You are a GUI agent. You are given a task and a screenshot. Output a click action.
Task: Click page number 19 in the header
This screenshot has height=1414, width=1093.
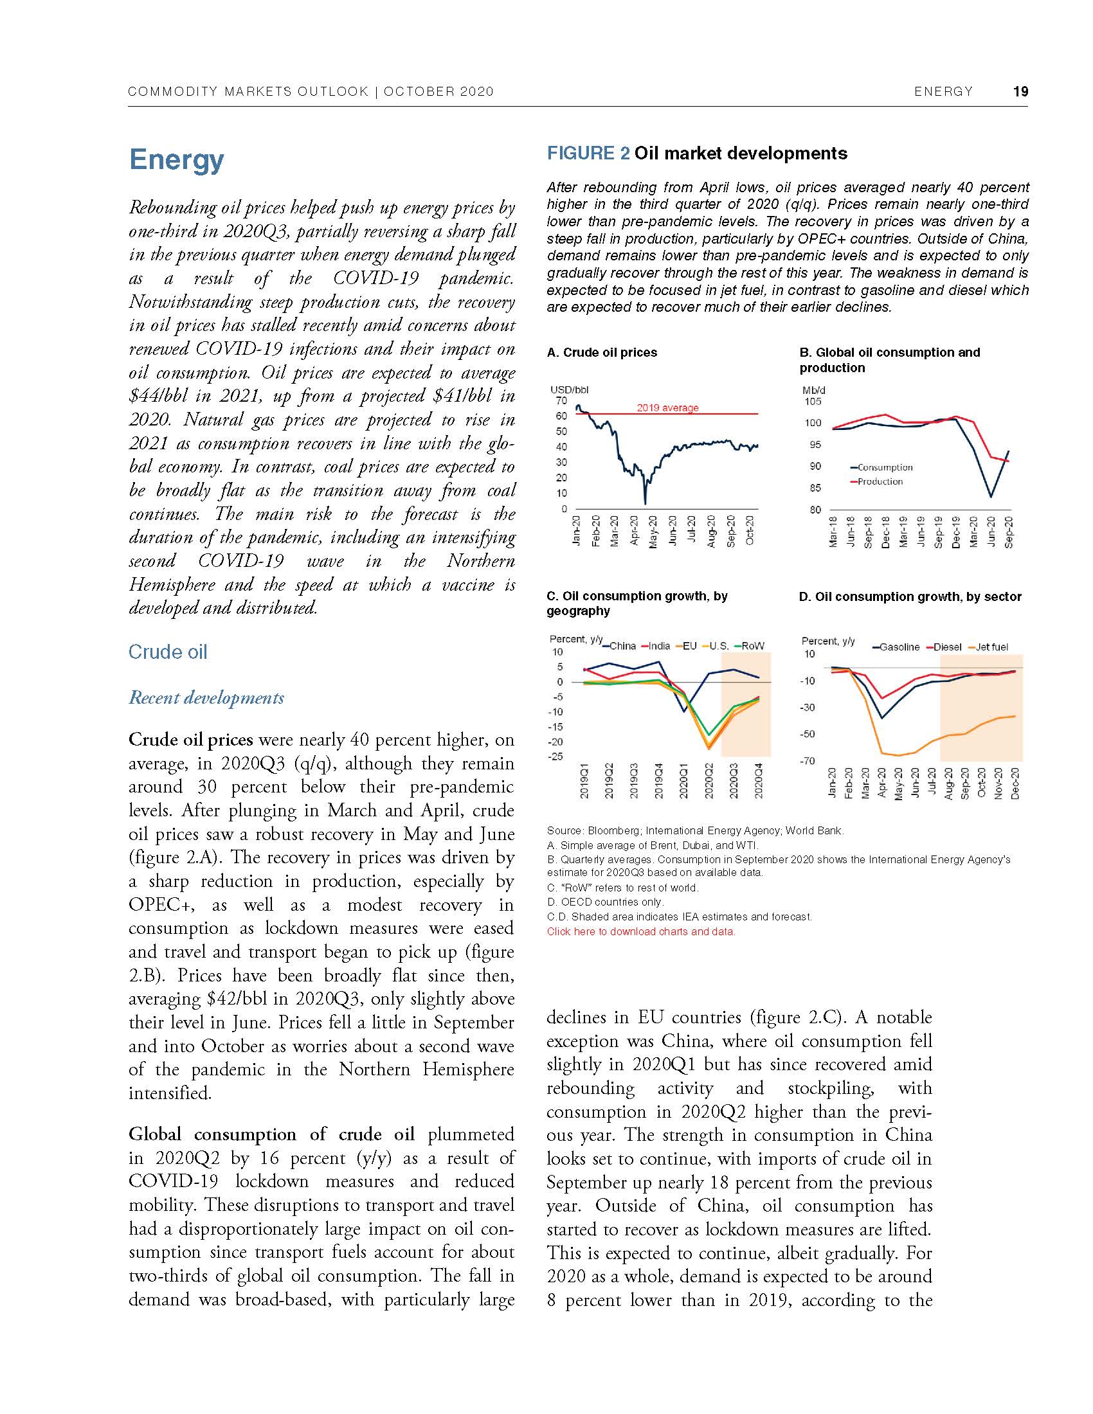[1020, 91]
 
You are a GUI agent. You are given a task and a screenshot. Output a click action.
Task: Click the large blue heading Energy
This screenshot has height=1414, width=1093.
[176, 159]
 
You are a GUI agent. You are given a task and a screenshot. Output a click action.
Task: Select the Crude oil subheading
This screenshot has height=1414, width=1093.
[168, 652]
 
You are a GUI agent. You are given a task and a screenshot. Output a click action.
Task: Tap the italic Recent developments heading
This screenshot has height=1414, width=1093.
[206, 698]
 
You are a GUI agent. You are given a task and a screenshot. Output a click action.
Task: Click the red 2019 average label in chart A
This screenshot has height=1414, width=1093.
[667, 408]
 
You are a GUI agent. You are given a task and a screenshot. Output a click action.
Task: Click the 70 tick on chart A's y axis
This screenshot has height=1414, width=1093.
[561, 401]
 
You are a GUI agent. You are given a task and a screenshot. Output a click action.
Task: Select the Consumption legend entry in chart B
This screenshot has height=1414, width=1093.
[885, 467]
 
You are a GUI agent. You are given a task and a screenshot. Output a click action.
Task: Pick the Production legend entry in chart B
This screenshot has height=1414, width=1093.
[880, 481]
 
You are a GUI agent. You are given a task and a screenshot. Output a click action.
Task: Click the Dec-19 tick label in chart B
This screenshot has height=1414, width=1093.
[955, 532]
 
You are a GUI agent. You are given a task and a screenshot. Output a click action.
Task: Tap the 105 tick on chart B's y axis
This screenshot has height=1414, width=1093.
[813, 402]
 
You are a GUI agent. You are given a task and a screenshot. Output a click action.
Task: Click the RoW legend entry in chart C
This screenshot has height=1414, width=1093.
[752, 646]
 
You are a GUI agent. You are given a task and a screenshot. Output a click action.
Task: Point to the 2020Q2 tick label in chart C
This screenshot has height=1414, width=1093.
[709, 780]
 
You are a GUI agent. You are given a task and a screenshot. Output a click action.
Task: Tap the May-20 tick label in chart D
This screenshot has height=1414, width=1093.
[898, 783]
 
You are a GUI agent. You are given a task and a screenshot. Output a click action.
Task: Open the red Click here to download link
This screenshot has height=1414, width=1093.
[641, 932]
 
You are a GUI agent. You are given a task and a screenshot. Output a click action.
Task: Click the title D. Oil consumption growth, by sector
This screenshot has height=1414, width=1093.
[910, 596]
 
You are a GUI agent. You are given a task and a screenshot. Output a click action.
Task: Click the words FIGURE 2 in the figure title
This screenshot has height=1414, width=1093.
[588, 154]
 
